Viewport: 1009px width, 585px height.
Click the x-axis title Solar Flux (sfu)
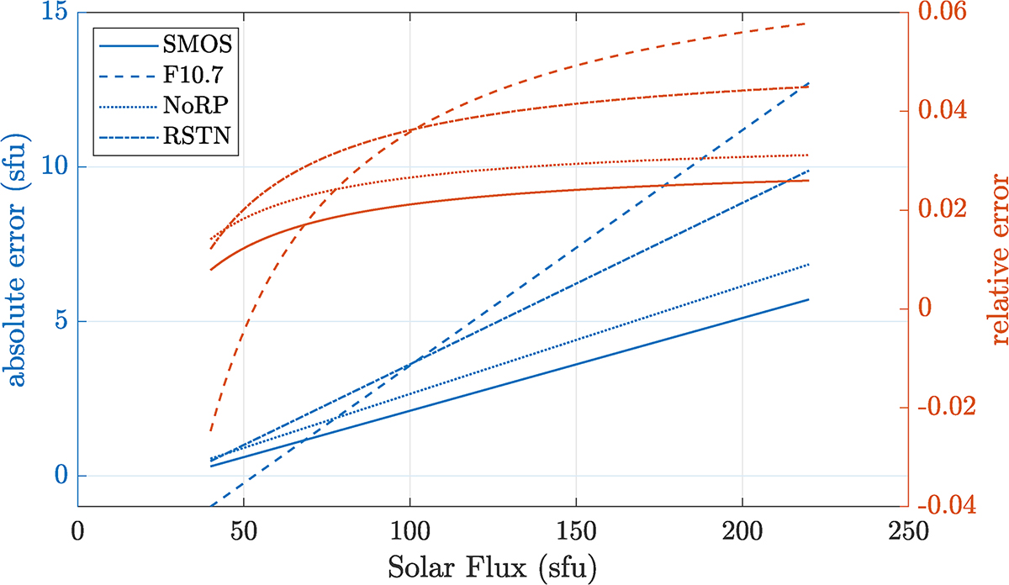pyautogui.click(x=492, y=568)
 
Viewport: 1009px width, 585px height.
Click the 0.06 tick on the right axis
pyautogui.click(x=945, y=14)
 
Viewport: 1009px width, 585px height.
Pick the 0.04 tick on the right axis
pyautogui.click(x=945, y=112)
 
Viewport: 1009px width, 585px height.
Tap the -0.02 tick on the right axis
pyautogui.click(x=948, y=408)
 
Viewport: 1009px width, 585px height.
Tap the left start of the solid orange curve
pyautogui.click(x=211, y=269)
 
